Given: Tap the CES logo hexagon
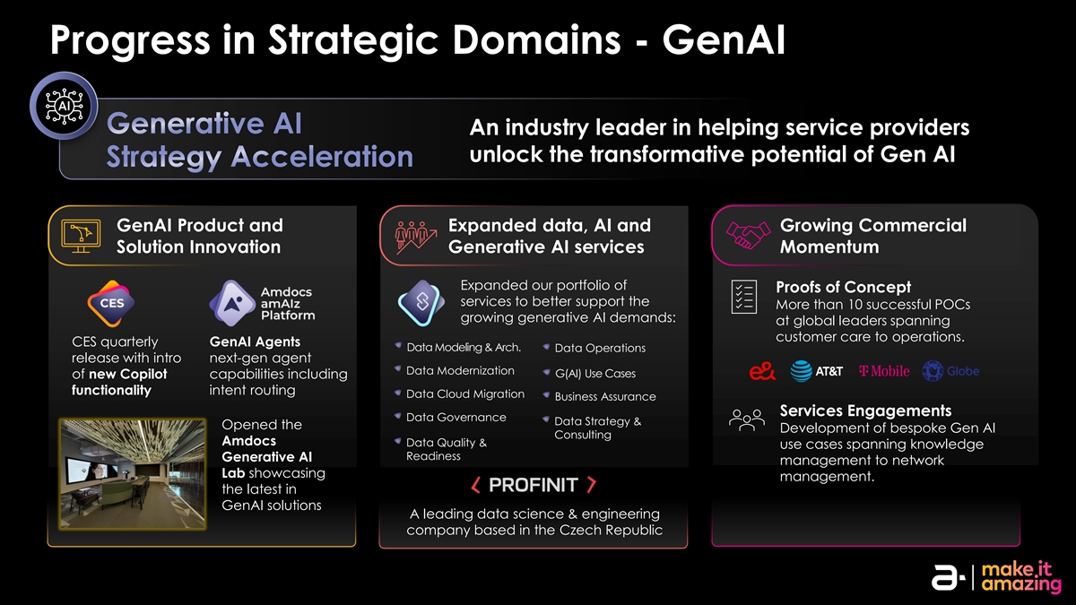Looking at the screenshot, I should pos(111,303).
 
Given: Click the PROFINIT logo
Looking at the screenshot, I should pos(534,486).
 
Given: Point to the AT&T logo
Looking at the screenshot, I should pos(817,371).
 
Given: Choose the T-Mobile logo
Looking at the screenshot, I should pos(884,371).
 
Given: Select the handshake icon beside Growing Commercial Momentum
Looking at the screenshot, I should pos(749,236).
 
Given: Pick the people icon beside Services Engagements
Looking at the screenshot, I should pos(747,419).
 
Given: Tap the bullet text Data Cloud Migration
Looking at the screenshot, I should pos(464,394).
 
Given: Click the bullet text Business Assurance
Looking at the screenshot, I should pos(605,397).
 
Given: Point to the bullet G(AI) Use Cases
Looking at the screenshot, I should pos(595,373).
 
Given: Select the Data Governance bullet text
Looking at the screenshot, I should pos(456,417).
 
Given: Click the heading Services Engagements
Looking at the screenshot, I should pos(865,411).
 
